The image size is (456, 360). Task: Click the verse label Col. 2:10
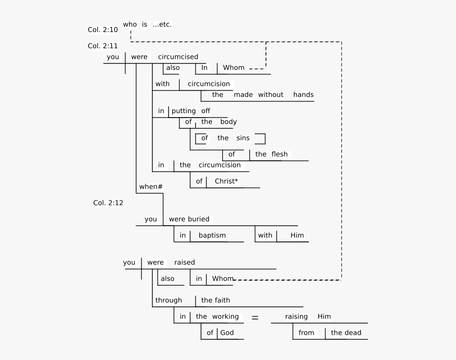pyautogui.click(x=102, y=30)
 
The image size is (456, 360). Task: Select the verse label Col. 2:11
pyautogui.click(x=102, y=46)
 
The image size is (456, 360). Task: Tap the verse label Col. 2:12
pyautogui.click(x=108, y=203)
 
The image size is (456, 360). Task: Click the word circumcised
pyautogui.click(x=178, y=57)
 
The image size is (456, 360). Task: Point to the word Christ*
pyautogui.click(x=226, y=181)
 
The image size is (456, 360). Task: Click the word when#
pyautogui.click(x=150, y=187)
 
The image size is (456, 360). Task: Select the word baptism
pyautogui.click(x=212, y=235)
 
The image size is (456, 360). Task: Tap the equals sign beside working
pyautogui.click(x=255, y=317)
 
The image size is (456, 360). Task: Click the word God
pyautogui.click(x=227, y=333)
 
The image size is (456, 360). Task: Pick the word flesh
pyautogui.click(x=279, y=154)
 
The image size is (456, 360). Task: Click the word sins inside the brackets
pyautogui.click(x=243, y=138)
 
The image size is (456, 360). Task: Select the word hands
pyautogui.click(x=303, y=95)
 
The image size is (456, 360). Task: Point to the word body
pyautogui.click(x=228, y=122)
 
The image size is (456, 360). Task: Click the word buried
pyautogui.click(x=198, y=219)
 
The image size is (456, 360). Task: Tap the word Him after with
pyautogui.click(x=296, y=235)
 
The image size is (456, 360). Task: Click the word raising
pyautogui.click(x=296, y=316)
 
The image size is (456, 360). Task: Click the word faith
pyautogui.click(x=222, y=300)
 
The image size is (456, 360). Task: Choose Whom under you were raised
pyautogui.click(x=222, y=278)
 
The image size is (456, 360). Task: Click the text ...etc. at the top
pyautogui.click(x=165, y=24)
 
